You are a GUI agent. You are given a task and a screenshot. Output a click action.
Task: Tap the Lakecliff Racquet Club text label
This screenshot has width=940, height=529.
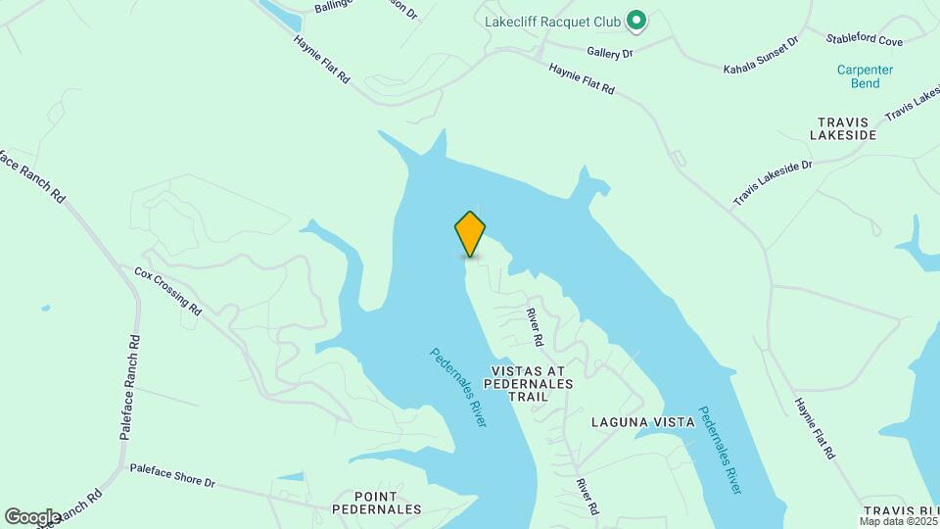click(x=552, y=21)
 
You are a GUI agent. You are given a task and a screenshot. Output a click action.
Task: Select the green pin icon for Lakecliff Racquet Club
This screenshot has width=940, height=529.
click(x=636, y=20)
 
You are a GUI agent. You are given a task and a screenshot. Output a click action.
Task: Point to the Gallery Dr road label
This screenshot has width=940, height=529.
click(x=610, y=52)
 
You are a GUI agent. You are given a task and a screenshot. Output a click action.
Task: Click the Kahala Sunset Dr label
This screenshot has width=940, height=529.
click(x=761, y=56)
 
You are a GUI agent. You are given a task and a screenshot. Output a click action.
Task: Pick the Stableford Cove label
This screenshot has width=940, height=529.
click(x=864, y=40)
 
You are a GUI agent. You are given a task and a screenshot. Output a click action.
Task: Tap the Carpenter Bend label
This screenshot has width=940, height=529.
click(x=865, y=76)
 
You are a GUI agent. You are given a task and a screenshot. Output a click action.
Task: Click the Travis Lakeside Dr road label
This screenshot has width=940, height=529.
click(x=773, y=183)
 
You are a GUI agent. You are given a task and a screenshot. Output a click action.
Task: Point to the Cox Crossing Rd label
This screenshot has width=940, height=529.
click(x=167, y=291)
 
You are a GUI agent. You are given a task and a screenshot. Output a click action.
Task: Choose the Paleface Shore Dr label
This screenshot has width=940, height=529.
click(x=171, y=476)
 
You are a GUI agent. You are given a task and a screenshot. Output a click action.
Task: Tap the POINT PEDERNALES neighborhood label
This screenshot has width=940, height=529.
click(x=376, y=503)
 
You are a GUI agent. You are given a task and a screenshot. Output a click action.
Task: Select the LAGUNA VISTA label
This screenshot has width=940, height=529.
click(x=642, y=422)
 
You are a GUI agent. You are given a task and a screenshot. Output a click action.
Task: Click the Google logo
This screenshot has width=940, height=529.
click(x=32, y=516)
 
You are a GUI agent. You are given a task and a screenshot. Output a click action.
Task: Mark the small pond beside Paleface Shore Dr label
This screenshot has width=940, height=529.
click(x=291, y=477)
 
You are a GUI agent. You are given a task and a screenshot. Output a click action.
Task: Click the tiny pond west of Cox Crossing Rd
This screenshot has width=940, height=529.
click(x=46, y=309)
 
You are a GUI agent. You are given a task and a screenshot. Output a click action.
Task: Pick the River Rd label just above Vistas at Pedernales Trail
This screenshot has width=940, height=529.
click(x=535, y=327)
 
